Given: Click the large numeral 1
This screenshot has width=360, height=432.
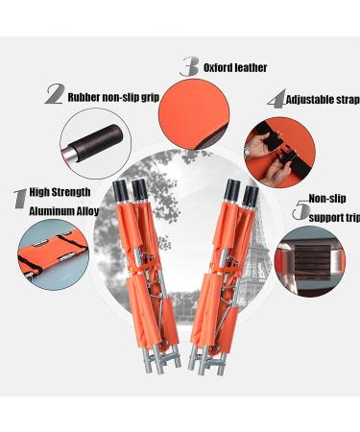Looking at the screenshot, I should (17, 200).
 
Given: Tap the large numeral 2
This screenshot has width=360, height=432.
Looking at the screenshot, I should (55, 94).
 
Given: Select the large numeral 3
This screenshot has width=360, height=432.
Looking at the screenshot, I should (190, 66).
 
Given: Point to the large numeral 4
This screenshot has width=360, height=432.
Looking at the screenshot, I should (276, 100).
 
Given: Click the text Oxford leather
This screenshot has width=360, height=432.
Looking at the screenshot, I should (236, 67).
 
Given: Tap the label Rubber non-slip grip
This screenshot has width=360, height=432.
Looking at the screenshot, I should (112, 95).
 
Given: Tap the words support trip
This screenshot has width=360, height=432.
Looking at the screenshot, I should (331, 218).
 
